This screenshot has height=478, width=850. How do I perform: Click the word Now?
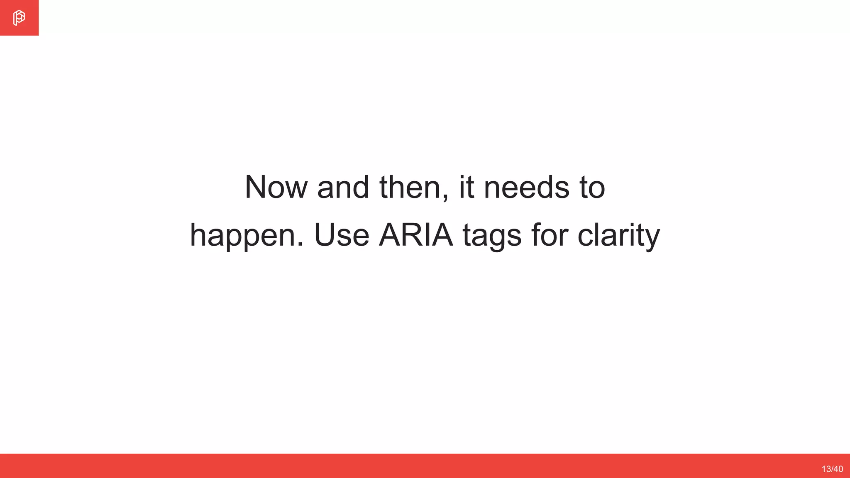tap(276, 188)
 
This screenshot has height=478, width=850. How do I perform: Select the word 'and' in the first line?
tap(343, 188)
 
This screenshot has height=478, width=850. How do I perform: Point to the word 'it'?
tap(466, 188)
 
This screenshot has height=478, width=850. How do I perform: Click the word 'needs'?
tap(527, 188)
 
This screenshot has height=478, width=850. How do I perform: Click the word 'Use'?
tap(342, 235)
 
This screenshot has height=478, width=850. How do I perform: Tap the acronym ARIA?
tap(416, 235)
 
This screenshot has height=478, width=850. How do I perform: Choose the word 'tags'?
tap(492, 236)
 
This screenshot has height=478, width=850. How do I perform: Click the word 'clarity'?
tap(618, 236)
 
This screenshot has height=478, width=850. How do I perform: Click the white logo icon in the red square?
tap(19, 18)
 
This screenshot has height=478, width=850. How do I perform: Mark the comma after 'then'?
tap(445, 198)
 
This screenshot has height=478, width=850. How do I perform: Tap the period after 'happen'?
tap(300, 245)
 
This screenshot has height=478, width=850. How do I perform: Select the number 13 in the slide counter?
tap(826, 469)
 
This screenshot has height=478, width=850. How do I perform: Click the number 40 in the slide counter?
tap(838, 469)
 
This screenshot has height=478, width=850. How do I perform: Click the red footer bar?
tap(415, 466)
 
